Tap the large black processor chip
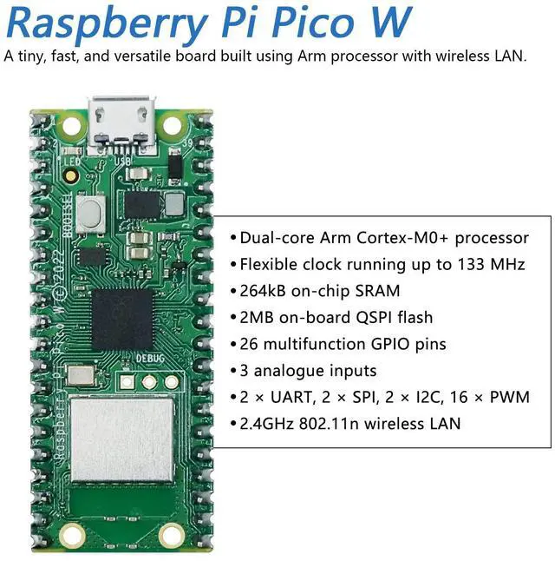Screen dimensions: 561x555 [122, 319]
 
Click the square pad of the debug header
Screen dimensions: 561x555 [129, 381]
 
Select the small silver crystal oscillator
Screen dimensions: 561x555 [82, 376]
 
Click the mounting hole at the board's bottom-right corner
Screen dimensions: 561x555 [170, 535]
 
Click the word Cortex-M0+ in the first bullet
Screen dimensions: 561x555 [395, 237]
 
